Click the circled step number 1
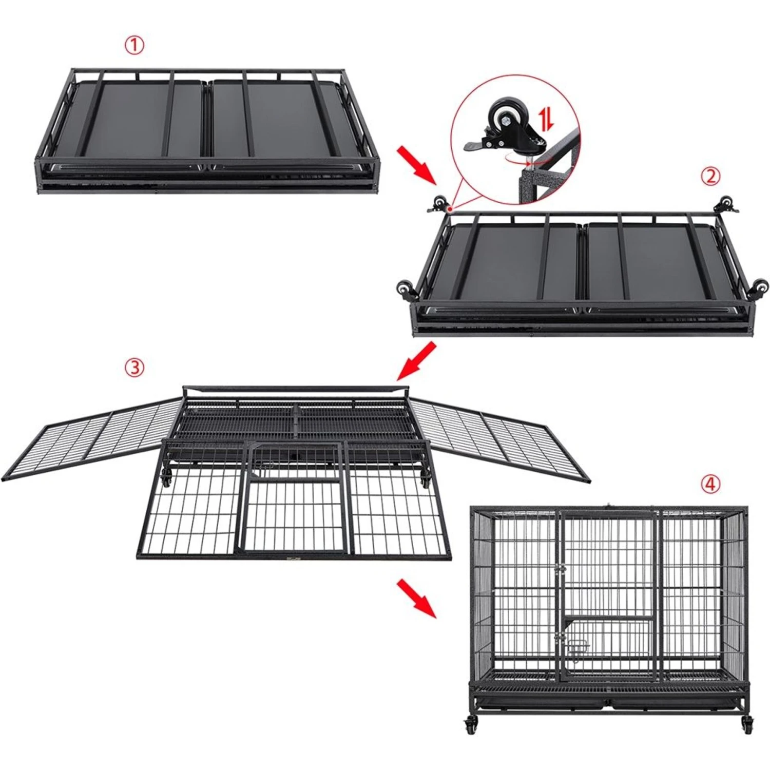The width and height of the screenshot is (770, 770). coord(134,46)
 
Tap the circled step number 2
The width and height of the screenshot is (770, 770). coord(710,177)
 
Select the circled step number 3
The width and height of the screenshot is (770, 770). coord(134,367)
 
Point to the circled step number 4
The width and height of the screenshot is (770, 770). coord(710,484)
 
